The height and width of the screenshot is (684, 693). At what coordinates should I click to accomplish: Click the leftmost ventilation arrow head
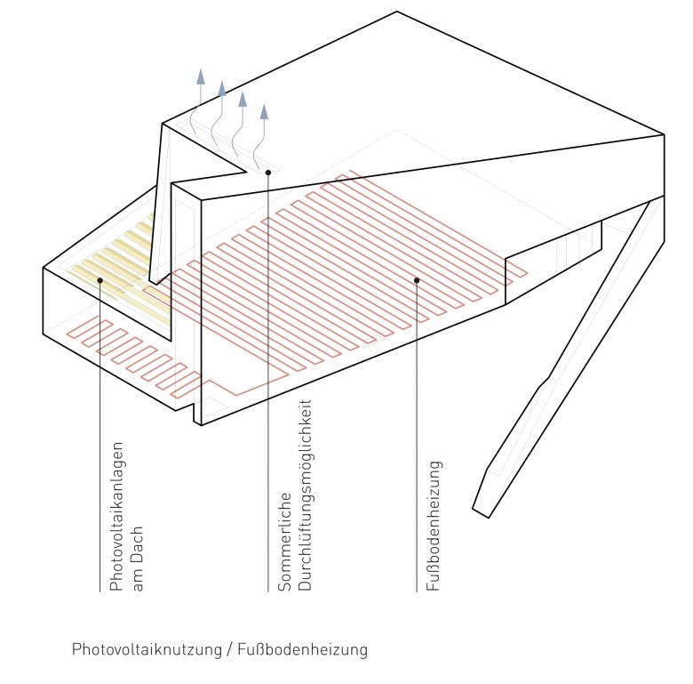pyautogui.click(x=201, y=75)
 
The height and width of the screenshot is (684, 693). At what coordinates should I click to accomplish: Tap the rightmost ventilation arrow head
pyautogui.click(x=263, y=112)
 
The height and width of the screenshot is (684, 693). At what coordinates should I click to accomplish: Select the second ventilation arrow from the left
pyautogui.click(x=221, y=89)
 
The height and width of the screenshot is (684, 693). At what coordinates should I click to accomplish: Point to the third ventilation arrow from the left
pyautogui.click(x=243, y=98)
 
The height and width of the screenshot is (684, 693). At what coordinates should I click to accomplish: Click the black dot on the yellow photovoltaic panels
pyautogui.click(x=100, y=280)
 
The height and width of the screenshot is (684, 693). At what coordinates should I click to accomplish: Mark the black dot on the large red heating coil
pyautogui.click(x=416, y=280)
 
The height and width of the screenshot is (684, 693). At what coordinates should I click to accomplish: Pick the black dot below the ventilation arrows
pyautogui.click(x=267, y=172)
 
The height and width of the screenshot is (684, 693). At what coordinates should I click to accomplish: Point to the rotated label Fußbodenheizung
pyautogui.click(x=434, y=525)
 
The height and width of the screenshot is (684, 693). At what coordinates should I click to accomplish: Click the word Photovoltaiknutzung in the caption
pyautogui.click(x=147, y=650)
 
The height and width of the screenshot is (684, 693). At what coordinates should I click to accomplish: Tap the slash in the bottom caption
pyautogui.click(x=230, y=650)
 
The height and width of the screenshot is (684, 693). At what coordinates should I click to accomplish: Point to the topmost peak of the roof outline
pyautogui.click(x=396, y=12)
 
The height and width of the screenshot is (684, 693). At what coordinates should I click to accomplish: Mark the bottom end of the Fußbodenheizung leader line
pyautogui.click(x=416, y=591)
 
